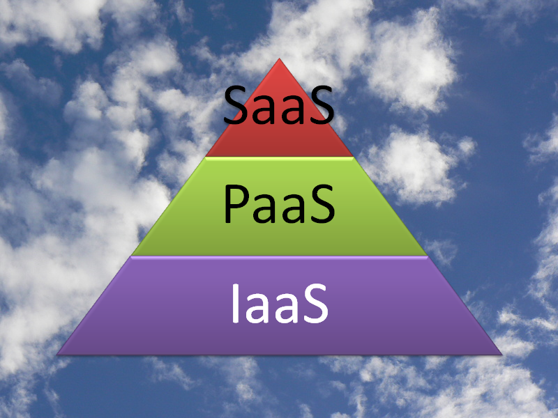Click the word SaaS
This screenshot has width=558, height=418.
[279, 106]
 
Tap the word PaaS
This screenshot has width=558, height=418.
[280, 204]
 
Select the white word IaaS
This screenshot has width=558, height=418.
[280, 304]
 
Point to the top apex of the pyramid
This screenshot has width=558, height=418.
[280, 59]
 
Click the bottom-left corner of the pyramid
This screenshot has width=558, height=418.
[57, 355]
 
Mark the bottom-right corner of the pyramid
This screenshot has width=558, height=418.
[502, 355]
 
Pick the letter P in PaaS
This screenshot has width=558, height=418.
[236, 205]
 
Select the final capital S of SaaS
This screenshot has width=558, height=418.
[322, 106]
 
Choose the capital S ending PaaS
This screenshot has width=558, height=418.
[322, 204]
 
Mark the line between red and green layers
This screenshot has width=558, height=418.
[280, 157]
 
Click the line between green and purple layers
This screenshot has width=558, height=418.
[280, 256]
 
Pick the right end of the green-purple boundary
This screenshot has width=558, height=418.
[428, 256]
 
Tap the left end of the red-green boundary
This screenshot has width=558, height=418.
[206, 157]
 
